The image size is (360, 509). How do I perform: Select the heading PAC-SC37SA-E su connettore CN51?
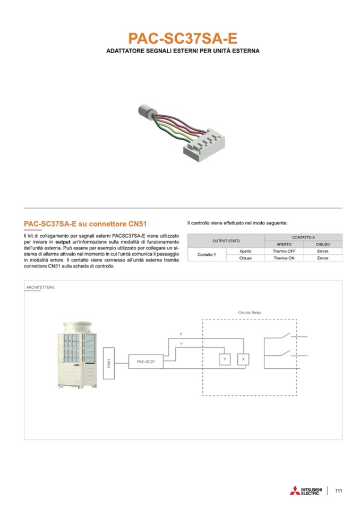click(x=85, y=223)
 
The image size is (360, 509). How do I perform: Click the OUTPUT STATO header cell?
click(x=226, y=240)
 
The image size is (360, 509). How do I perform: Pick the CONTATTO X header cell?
click(x=303, y=237)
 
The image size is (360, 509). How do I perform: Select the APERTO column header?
click(x=284, y=244)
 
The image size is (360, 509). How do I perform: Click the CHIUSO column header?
click(x=323, y=244)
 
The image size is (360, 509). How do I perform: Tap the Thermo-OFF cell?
click(x=284, y=251)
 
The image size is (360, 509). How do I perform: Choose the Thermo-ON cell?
click(x=284, y=258)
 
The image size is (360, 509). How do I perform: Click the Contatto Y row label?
click(x=207, y=255)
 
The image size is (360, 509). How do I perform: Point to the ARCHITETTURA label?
click(x=40, y=288)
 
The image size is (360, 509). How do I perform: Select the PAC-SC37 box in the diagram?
click(x=146, y=361)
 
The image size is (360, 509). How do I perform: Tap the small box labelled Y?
click(x=225, y=359)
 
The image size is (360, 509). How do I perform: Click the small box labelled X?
click(x=243, y=359)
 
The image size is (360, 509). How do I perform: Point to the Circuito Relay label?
click(x=249, y=313)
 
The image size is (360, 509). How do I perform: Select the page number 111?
click(x=339, y=490)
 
